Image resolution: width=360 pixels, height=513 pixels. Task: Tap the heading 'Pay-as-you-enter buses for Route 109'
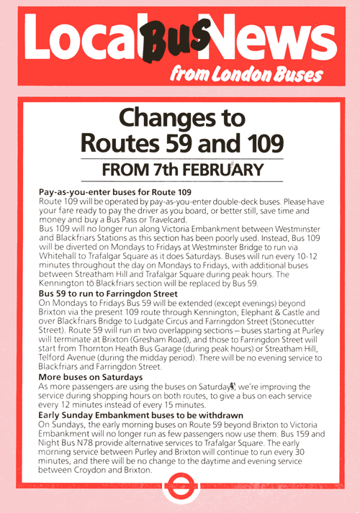click(114, 192)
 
